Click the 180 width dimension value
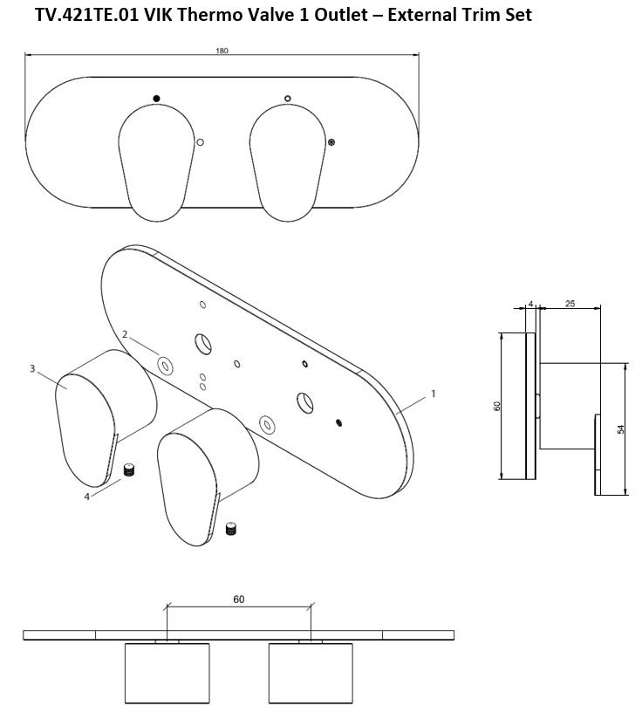click(222, 51)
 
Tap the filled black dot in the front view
click(155, 97)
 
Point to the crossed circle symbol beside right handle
click(331, 142)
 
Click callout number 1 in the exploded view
click(433, 394)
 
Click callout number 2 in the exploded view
click(126, 334)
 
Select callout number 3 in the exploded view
click(32, 369)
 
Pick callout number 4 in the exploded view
click(86, 497)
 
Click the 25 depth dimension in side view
click(570, 303)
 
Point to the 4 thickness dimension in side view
click(530, 304)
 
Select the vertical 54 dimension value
click(620, 429)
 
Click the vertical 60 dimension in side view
click(497, 407)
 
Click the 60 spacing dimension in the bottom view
click(238, 599)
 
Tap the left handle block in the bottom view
click(167, 674)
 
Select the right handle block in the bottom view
click(311, 674)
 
